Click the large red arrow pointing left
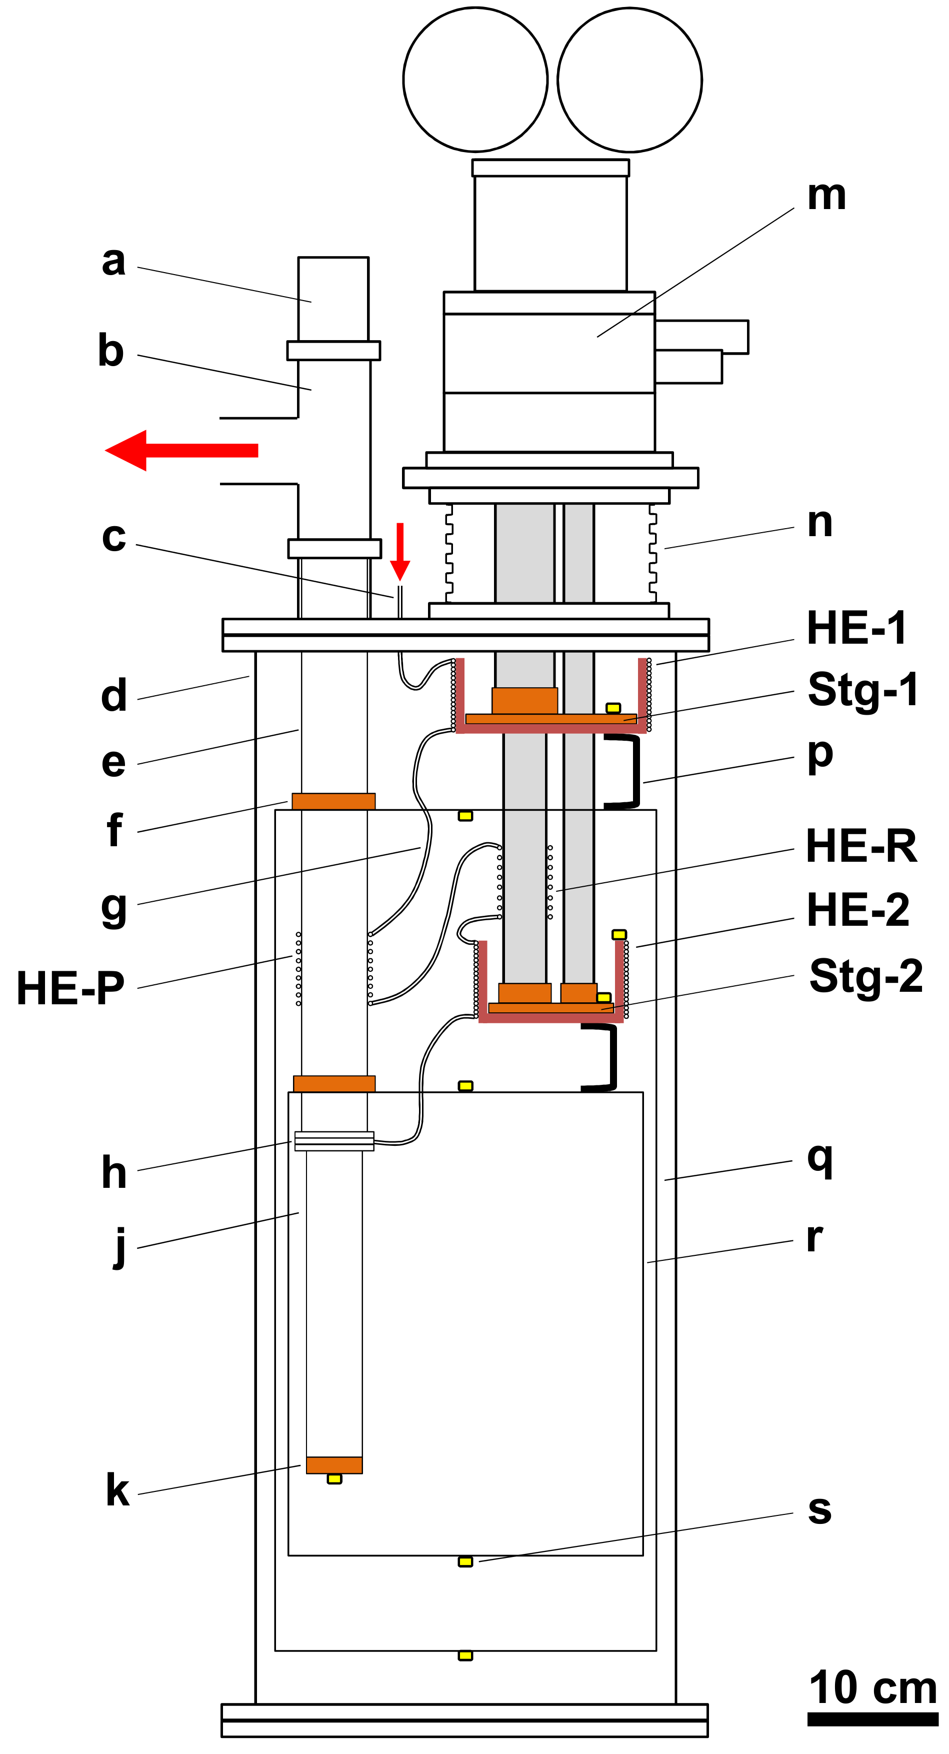(181, 450)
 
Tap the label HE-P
(70, 988)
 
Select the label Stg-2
(865, 976)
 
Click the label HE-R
(861, 846)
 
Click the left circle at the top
(475, 80)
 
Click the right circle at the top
(629, 80)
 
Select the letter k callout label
(117, 1490)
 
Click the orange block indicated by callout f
(333, 801)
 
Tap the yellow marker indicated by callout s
(465, 1562)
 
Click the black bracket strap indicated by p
(634, 771)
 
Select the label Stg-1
(862, 689)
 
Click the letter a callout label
(113, 261)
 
